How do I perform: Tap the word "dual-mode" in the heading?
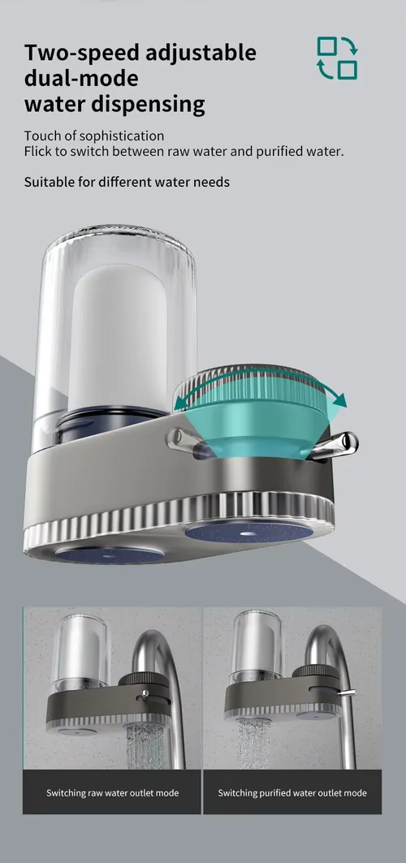[81, 78]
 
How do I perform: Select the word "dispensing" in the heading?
[148, 104]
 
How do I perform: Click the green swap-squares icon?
[337, 58]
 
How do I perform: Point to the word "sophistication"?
[122, 136]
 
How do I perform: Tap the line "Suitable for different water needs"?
[127, 182]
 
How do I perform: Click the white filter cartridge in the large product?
[118, 337]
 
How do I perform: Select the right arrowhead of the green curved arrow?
[339, 399]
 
